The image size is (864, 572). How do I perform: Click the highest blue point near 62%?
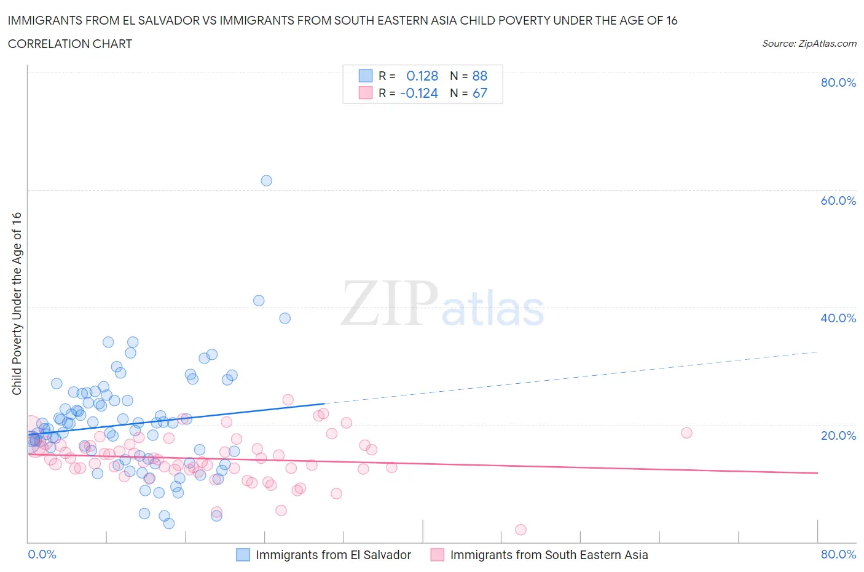pos(266,181)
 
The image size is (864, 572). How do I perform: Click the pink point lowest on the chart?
pos(520,530)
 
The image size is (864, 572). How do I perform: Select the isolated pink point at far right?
pos(686,432)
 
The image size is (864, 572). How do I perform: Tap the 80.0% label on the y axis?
pos(838,83)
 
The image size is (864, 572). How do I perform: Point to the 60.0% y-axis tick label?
pos(838,201)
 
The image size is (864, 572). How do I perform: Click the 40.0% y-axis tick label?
pos(838,318)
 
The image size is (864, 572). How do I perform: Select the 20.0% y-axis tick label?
pos(838,435)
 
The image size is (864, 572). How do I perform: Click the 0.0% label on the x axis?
pos(42,554)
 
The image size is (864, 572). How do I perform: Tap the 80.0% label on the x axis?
pos(838,554)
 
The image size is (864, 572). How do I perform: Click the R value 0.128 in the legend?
pos(422,76)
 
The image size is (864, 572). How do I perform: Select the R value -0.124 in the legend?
pos(419,93)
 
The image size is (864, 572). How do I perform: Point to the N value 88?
pos(479,76)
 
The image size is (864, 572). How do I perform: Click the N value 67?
pos(479,93)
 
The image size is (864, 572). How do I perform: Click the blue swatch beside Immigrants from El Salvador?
pos(243,555)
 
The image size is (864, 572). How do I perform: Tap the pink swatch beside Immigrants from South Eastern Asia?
pos(438,555)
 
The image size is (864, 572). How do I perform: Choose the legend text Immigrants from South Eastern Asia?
pos(549,555)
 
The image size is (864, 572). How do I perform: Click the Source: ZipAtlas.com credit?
pos(809,43)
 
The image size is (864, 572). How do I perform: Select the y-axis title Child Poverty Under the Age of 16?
pos(17,303)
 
